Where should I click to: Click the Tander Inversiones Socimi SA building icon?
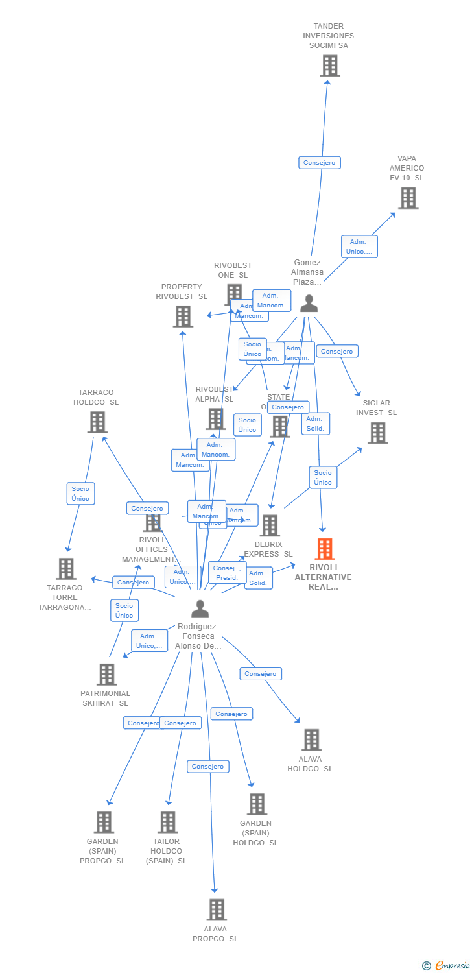[x=329, y=66]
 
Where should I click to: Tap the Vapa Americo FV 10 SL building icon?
[x=408, y=198]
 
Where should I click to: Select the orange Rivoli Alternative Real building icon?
[x=325, y=549]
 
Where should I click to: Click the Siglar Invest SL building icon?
[x=377, y=433]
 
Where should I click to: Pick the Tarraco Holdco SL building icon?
[x=97, y=422]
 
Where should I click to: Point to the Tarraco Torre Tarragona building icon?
[x=65, y=569]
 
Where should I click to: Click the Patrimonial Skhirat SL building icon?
[x=107, y=675]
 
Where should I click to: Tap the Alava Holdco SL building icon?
[x=311, y=739]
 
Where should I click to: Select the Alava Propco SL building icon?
[x=217, y=909]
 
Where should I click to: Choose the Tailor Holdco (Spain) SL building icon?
[x=167, y=822]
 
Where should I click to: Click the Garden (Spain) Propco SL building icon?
[x=104, y=822]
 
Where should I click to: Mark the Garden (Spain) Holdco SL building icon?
[x=257, y=804]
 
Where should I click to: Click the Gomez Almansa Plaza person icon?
[x=309, y=304]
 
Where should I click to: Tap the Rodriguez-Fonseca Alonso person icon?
[x=200, y=608]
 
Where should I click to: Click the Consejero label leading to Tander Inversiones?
[x=320, y=163]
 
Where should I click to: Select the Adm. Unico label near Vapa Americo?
[x=359, y=246]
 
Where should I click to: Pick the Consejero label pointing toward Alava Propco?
[x=208, y=767]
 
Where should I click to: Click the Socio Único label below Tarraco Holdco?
[x=80, y=494]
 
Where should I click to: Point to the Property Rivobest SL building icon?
[x=183, y=317]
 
